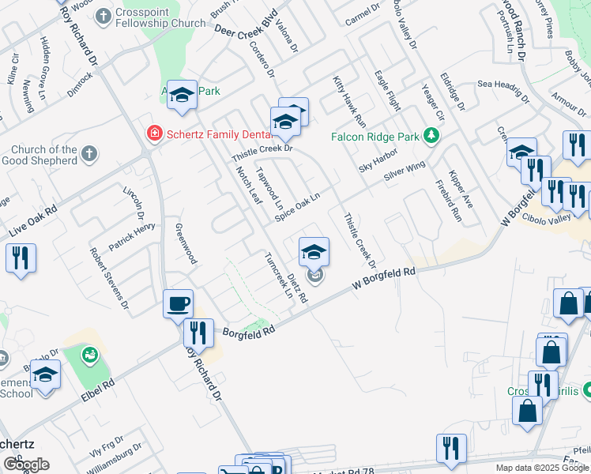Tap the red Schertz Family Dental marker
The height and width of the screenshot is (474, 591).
point(154,134)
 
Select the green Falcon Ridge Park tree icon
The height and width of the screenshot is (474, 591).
point(431,136)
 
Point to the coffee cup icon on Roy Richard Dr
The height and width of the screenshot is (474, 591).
point(178,303)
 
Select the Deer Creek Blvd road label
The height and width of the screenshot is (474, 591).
point(247,21)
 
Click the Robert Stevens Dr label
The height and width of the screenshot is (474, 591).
point(109,276)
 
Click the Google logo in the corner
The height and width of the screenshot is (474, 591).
point(26,465)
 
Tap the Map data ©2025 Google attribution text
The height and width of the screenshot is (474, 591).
point(542,468)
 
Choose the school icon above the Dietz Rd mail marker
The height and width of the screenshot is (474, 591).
point(314,252)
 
